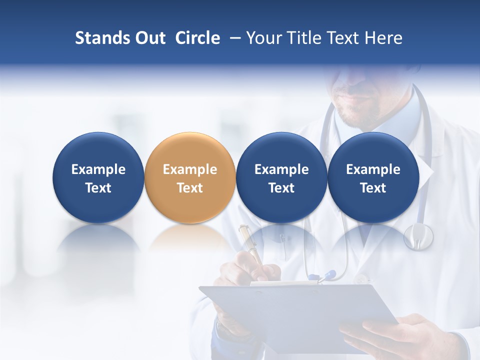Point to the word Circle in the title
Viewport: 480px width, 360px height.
tap(197, 38)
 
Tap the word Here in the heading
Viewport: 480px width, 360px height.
tap(383, 38)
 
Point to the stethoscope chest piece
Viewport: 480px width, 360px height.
tap(418, 236)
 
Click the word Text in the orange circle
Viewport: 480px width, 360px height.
tap(189, 188)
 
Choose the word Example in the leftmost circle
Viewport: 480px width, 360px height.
tap(98, 169)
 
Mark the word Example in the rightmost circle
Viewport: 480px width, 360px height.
tap(373, 169)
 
